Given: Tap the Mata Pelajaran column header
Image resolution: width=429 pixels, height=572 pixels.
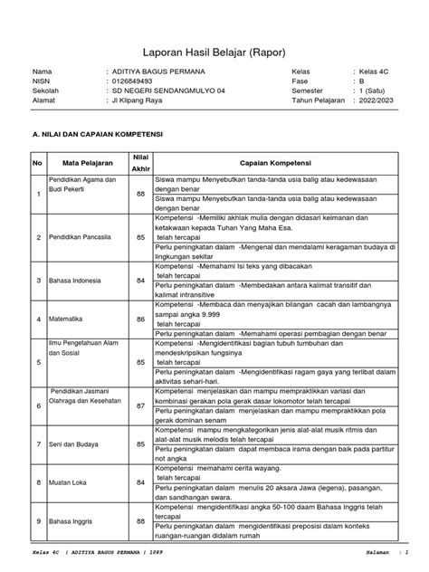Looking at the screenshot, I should [86, 162].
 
